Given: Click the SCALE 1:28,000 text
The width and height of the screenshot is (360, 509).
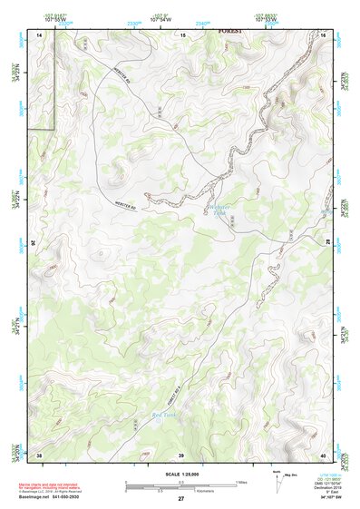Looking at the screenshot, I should click(180, 472).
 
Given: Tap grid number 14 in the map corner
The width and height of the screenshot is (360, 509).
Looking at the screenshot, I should click(40, 34).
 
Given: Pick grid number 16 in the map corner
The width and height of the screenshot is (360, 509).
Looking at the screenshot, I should click(324, 34).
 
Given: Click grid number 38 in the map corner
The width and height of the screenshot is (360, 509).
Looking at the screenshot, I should click(40, 454).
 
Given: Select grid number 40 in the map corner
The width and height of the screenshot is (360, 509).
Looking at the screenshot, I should click(324, 454).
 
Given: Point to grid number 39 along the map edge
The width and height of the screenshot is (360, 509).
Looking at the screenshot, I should click(180, 454).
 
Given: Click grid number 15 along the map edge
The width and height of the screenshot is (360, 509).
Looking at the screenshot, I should click(182, 34).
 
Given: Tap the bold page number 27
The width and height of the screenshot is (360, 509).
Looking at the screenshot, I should click(180, 499).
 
